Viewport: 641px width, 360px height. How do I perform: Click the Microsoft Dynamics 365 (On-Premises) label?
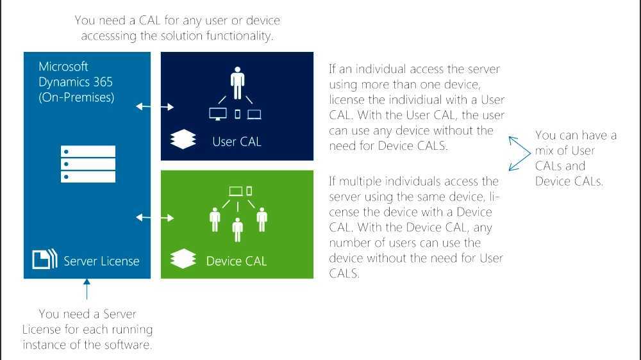(76, 82)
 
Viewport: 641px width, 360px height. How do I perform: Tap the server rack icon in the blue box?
(88, 164)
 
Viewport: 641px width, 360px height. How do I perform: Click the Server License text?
(101, 261)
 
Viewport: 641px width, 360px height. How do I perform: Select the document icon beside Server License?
(41, 259)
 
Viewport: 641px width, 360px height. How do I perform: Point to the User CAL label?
(237, 142)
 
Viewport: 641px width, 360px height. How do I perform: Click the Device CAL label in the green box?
(236, 261)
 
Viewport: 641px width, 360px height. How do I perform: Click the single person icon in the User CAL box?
(237, 81)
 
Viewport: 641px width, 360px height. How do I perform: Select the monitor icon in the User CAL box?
(218, 115)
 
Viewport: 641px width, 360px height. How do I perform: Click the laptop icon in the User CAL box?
(254, 115)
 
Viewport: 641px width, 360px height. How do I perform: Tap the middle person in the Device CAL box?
(238, 229)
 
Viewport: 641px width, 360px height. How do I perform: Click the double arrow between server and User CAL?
(155, 106)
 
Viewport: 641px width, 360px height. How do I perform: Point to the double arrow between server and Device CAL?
(155, 218)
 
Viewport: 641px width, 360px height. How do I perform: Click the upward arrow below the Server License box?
(87, 291)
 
